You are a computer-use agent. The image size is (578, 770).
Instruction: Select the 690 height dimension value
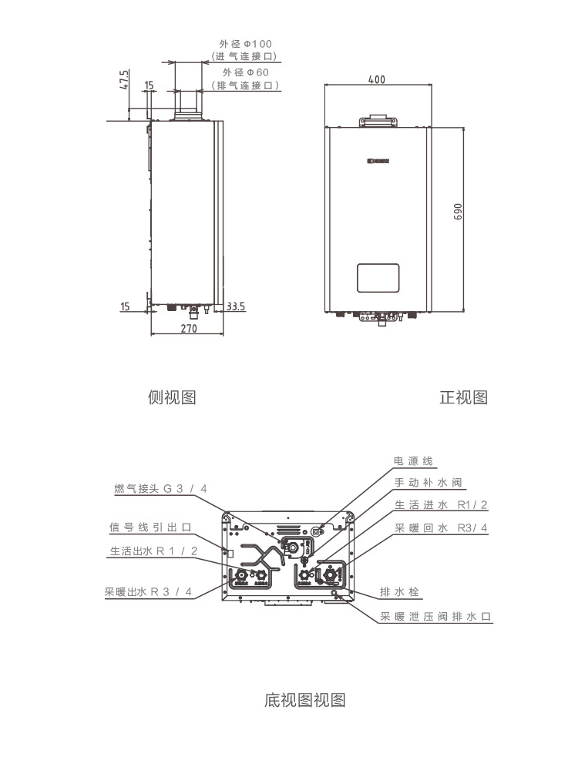[457, 213]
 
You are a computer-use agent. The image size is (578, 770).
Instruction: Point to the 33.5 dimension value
[236, 306]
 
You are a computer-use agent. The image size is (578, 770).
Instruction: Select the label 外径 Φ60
[245, 72]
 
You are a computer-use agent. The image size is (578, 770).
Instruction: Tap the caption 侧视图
[172, 397]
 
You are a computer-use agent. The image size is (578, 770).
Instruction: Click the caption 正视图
[463, 397]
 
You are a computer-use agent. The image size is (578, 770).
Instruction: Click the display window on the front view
[378, 278]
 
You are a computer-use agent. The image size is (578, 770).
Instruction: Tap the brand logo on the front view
[378, 162]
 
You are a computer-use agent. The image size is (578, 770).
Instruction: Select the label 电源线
[414, 461]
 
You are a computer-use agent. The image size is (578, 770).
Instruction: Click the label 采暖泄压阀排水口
[435, 617]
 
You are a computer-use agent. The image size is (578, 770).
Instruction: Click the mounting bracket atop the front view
[378, 121]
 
